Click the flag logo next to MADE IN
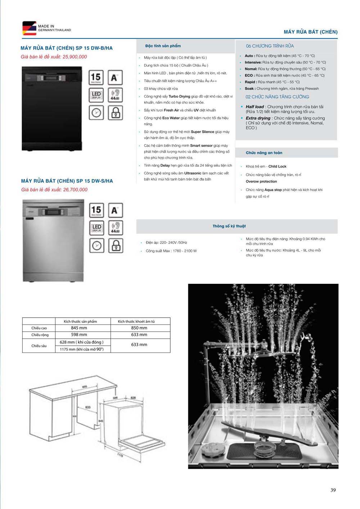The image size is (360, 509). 29,28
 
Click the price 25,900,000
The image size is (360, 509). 75,57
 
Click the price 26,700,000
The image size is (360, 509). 75,190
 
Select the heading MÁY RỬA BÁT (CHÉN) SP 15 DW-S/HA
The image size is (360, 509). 67,181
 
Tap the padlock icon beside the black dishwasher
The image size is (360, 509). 115,113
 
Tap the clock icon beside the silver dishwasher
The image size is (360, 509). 96,246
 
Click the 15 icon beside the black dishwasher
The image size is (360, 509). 96,77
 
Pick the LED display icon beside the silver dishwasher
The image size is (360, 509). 96,228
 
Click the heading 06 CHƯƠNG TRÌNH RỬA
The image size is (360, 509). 270,46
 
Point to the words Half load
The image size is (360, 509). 255,107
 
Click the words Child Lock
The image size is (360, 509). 277,167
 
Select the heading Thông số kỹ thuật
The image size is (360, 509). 229,226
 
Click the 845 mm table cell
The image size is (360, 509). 79,328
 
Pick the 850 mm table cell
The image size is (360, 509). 139,328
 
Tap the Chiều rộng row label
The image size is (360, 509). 40,335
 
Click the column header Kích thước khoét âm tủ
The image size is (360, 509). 136,321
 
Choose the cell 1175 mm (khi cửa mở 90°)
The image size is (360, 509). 82,349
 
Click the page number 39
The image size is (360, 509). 333,490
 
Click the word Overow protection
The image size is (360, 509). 261,182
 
